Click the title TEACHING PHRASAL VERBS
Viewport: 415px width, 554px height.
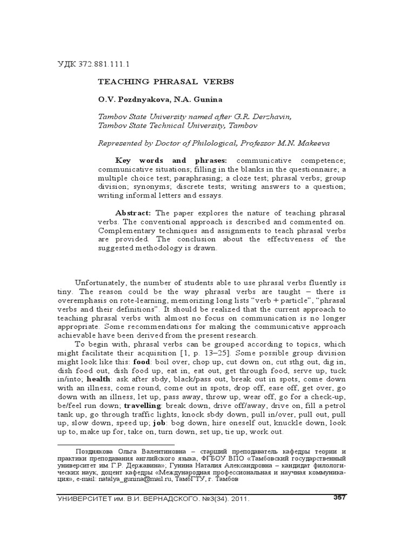(165, 82)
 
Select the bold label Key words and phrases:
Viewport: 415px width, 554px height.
(171, 161)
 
